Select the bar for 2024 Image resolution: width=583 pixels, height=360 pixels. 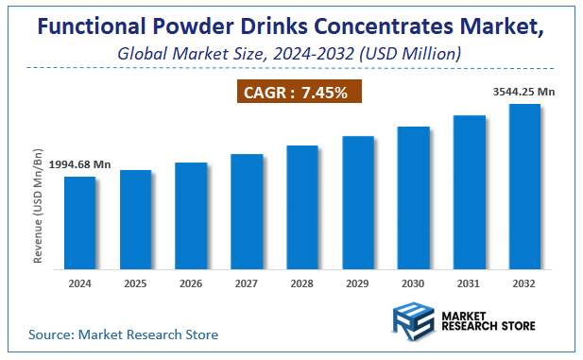point(79,222)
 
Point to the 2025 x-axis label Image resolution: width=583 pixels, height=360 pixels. point(135,283)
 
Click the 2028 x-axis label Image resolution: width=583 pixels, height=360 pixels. point(302,283)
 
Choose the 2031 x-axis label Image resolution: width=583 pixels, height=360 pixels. point(470,283)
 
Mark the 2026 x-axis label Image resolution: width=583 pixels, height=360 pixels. point(191,283)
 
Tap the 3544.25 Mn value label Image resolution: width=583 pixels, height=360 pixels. point(524,92)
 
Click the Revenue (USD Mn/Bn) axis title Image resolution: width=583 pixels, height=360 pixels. point(39,206)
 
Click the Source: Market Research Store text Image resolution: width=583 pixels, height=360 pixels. point(123,334)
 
